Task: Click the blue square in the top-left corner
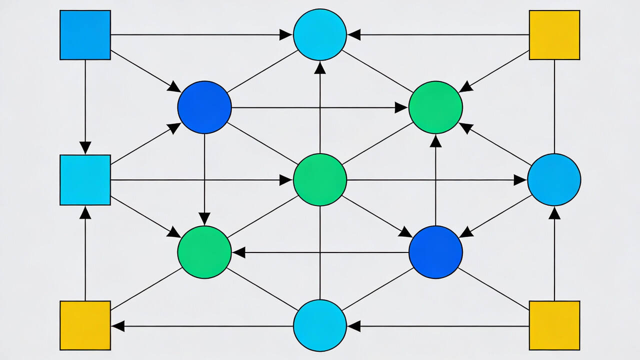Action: point(85,35)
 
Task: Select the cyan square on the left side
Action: point(85,180)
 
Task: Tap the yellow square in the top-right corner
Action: point(554,35)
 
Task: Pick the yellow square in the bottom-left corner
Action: point(85,325)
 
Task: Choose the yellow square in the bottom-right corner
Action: point(554,325)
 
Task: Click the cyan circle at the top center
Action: point(320,34)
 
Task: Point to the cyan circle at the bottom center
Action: point(320,325)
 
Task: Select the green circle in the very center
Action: point(320,179)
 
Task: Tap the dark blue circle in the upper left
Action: point(204,107)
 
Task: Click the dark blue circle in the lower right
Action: point(435,252)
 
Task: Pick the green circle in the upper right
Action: point(435,107)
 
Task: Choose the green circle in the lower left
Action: point(204,252)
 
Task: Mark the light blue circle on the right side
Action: point(554,179)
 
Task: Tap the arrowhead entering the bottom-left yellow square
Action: point(118,326)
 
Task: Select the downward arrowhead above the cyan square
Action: point(85,147)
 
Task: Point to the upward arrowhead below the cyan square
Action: point(85,213)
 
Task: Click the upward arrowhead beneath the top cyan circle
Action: point(320,68)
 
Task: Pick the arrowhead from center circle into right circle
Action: point(520,180)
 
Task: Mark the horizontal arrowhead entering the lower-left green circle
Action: point(239,252)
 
